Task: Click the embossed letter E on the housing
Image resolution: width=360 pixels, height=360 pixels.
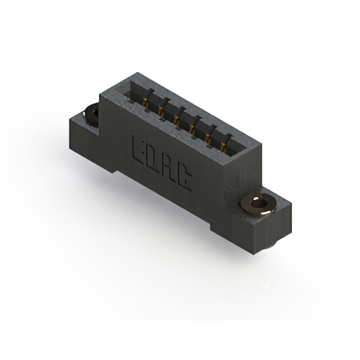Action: (137, 149)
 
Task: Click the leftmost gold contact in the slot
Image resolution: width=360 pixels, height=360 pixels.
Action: (145, 102)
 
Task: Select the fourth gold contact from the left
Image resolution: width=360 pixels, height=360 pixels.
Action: (192, 129)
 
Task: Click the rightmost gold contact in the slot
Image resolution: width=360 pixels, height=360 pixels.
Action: (223, 147)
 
